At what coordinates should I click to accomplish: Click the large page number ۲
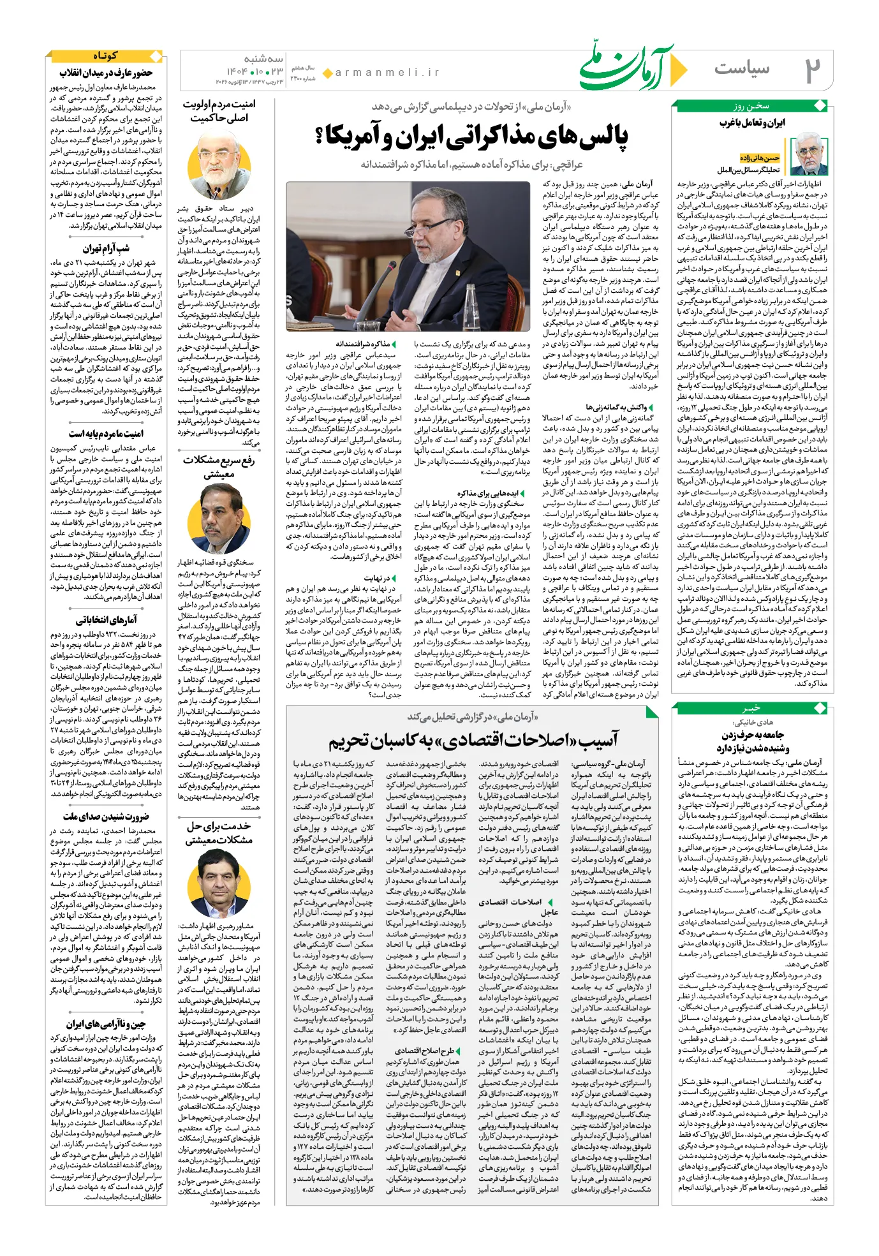[812, 70]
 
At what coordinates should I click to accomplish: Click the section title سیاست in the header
[741, 68]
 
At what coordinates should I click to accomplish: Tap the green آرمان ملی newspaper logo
[628, 67]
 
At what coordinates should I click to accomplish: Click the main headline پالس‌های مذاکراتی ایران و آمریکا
[471, 136]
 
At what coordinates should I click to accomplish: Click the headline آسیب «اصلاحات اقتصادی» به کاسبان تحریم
[473, 740]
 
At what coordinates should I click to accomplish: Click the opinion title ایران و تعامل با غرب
[753, 122]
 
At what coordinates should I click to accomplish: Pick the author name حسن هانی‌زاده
[760, 158]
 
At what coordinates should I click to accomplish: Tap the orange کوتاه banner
[105, 56]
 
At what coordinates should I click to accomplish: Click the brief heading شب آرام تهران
[106, 248]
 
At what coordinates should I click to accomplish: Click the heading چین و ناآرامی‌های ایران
[106, 1024]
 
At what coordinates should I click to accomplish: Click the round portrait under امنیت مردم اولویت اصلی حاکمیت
[219, 165]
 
